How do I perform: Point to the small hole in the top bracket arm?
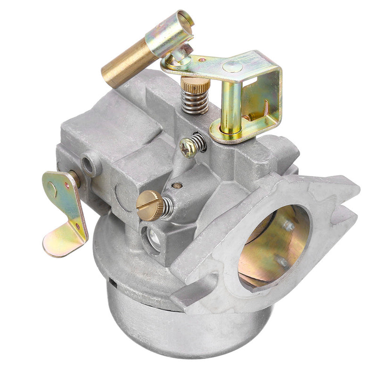point(202,60)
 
